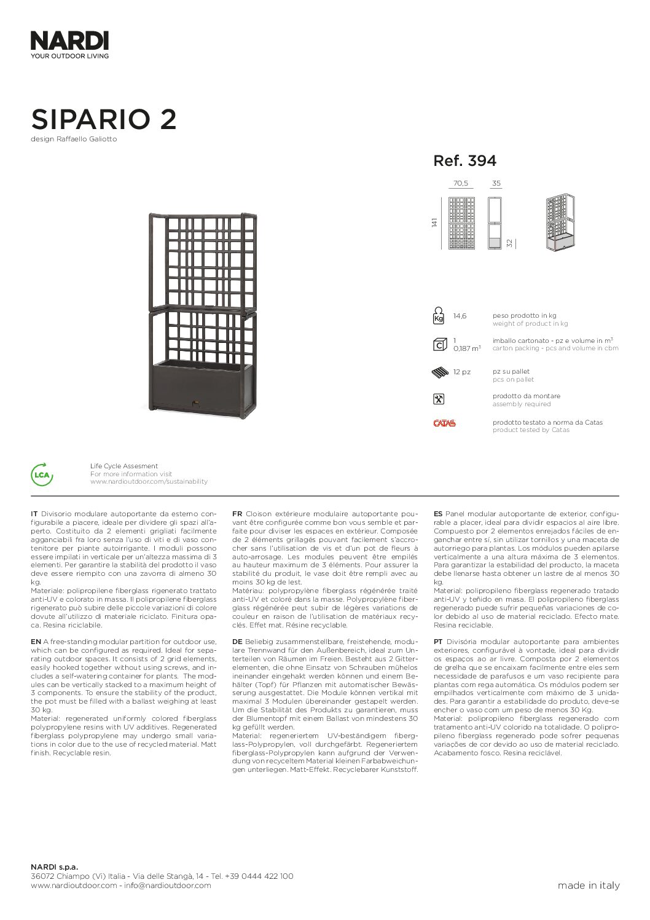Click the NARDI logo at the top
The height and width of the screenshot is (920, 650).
pyautogui.click(x=69, y=41)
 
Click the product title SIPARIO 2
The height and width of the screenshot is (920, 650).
pyautogui.click(x=104, y=119)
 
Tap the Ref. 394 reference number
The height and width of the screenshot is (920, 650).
pyautogui.click(x=464, y=161)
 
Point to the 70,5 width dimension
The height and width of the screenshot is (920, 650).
pyautogui.click(x=460, y=183)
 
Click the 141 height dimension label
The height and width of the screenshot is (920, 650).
pyautogui.click(x=434, y=222)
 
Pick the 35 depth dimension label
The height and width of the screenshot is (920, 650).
pyautogui.click(x=496, y=183)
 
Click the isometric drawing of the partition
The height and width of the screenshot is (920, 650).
pyautogui.click(x=560, y=222)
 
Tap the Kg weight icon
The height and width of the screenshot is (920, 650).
pyautogui.click(x=439, y=316)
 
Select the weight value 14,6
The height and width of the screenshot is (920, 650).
pyautogui.click(x=460, y=316)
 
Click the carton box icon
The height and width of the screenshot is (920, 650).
pyautogui.click(x=439, y=344)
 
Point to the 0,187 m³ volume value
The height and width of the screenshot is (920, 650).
pyautogui.click(x=467, y=348)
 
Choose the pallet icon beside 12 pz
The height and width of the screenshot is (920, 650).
pyautogui.click(x=440, y=372)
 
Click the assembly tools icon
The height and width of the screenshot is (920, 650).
pyautogui.click(x=439, y=399)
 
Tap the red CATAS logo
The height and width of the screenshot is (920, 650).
pyautogui.click(x=444, y=423)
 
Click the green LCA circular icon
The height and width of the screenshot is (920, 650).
pyautogui.click(x=42, y=474)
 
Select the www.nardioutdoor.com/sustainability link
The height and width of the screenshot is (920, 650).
pyautogui.click(x=149, y=482)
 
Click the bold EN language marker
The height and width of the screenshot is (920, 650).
pyautogui.click(x=36, y=642)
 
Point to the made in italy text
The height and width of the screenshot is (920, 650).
pyautogui.click(x=588, y=886)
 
